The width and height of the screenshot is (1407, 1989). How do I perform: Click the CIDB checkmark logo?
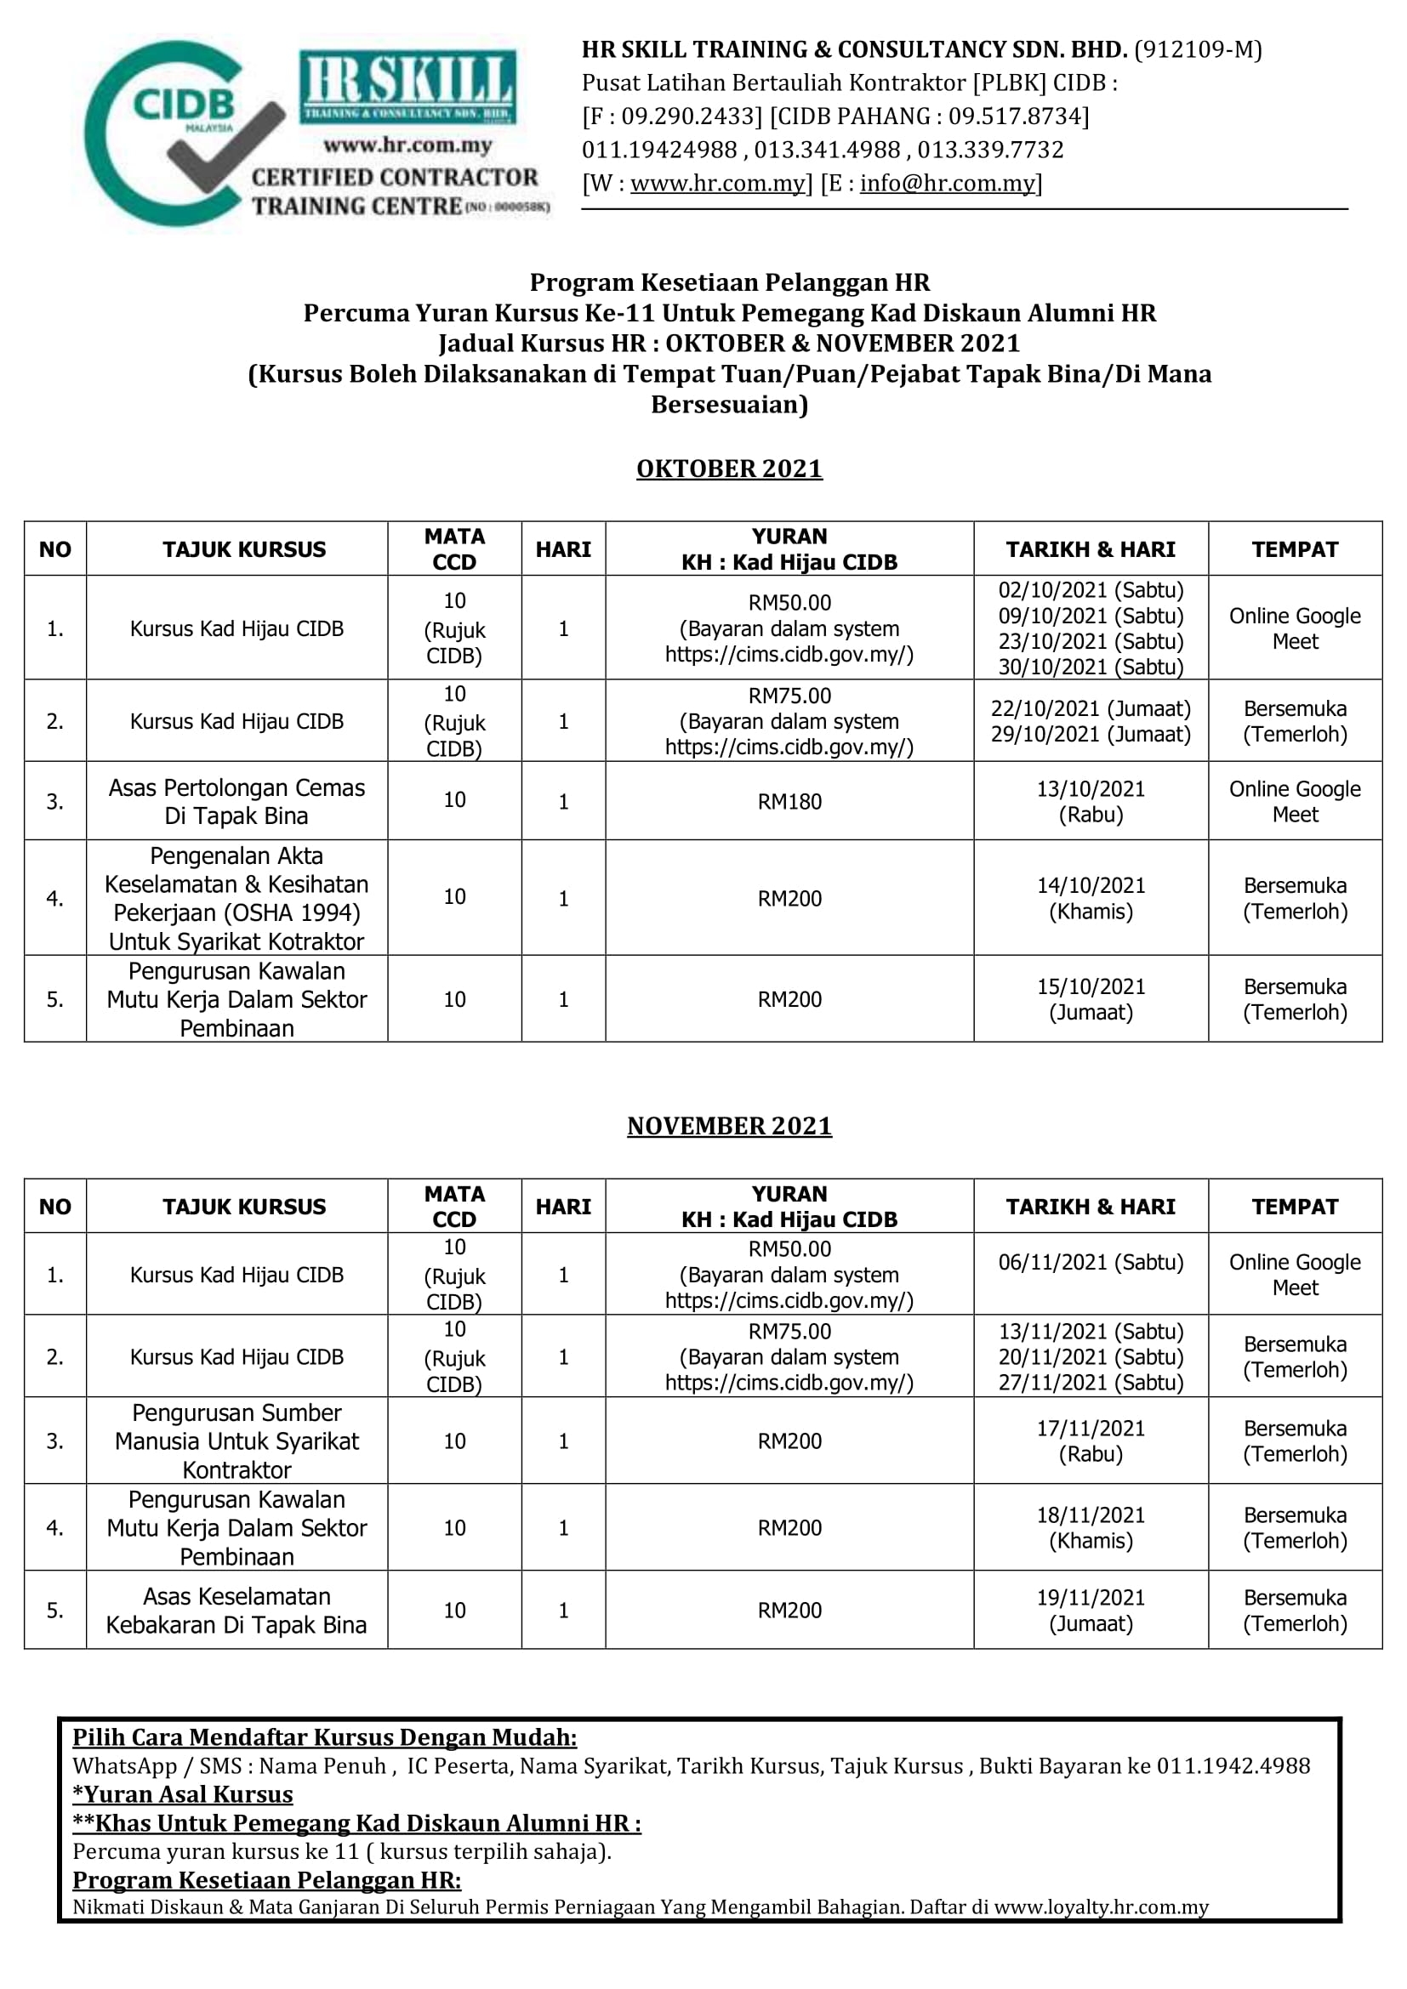coord(185,134)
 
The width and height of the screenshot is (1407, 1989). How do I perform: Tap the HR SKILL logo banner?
coord(407,87)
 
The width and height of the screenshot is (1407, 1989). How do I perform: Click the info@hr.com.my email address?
coord(947,184)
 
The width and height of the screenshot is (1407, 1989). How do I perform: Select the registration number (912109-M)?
coord(1199,50)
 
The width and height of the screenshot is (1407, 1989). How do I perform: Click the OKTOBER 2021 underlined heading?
coord(729,469)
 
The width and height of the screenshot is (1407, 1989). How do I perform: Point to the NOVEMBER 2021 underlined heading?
coord(729,1126)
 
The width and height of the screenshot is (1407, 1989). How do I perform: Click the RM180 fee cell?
coord(789,801)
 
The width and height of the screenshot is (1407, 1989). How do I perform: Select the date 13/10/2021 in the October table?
coord(1090,789)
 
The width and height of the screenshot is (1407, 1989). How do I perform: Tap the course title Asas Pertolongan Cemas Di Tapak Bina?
coord(236,801)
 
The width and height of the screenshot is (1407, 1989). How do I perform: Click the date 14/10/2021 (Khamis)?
coord(1090,898)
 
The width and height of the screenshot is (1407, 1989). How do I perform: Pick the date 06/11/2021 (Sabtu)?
coord(1090,1262)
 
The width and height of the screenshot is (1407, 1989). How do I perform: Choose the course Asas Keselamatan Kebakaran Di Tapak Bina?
coord(236,1611)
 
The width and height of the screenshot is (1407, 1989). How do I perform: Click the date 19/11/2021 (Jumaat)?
coord(1090,1611)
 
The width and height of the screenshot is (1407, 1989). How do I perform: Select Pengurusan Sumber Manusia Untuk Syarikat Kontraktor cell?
coord(236,1441)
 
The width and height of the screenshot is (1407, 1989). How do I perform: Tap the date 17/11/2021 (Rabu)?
coord(1090,1441)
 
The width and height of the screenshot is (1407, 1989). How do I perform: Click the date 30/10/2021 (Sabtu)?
coord(1090,667)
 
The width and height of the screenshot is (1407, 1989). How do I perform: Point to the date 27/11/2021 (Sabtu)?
coord(1090,1383)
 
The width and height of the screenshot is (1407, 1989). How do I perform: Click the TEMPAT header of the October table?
coord(1295,549)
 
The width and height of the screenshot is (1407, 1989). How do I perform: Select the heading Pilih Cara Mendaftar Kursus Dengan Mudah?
coord(325,1738)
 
